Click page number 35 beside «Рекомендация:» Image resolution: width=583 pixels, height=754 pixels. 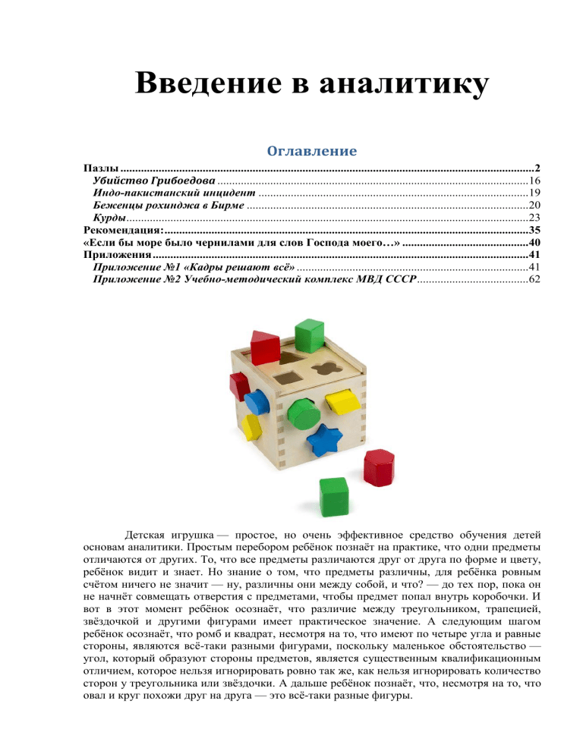[533, 230]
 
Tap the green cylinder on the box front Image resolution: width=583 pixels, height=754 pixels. [304, 413]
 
